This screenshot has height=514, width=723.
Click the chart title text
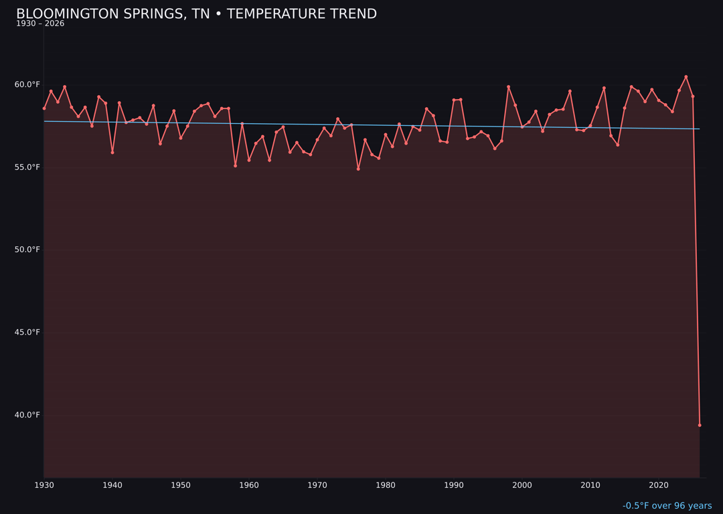[196, 14]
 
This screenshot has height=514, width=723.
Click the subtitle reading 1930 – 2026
[40, 24]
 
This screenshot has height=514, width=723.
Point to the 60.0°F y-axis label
[27, 85]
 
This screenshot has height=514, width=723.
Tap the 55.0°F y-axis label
[27, 167]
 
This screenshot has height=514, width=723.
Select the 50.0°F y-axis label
[27, 250]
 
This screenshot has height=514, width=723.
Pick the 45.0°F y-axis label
[27, 333]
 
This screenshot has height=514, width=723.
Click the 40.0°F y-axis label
[27, 415]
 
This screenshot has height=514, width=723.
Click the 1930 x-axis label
[44, 485]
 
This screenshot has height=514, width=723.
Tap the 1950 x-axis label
[181, 485]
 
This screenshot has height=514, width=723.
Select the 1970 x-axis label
[317, 485]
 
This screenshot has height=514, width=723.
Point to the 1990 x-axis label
[454, 485]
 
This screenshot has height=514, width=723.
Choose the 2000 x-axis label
[522, 485]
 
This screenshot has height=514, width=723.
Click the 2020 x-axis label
[659, 485]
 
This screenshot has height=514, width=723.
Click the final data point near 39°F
[700, 425]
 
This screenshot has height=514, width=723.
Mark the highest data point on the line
[686, 77]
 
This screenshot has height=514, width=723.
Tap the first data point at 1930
[44, 108]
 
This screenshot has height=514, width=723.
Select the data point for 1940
[112, 153]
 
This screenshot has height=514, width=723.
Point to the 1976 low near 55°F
[358, 169]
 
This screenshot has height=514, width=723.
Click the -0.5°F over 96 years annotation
[667, 506]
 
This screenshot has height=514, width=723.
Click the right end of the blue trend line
[700, 129]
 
